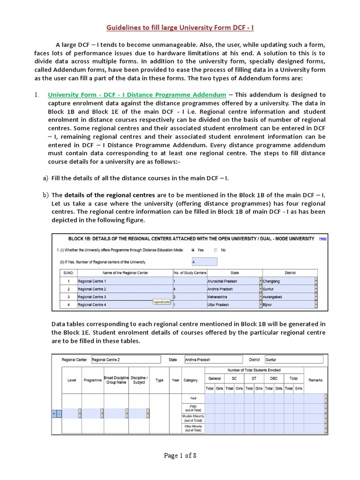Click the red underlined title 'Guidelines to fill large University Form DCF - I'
click(180, 28)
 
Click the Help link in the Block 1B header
click(322, 239)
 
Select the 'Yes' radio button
click(194, 250)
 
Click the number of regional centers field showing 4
click(204, 262)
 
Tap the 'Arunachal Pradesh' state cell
click(232, 281)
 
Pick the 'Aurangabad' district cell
click(288, 297)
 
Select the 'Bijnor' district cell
click(288, 305)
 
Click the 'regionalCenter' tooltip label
click(162, 302)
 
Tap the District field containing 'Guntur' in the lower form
click(293, 360)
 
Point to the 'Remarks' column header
click(315, 380)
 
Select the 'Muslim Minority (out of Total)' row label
click(193, 418)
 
